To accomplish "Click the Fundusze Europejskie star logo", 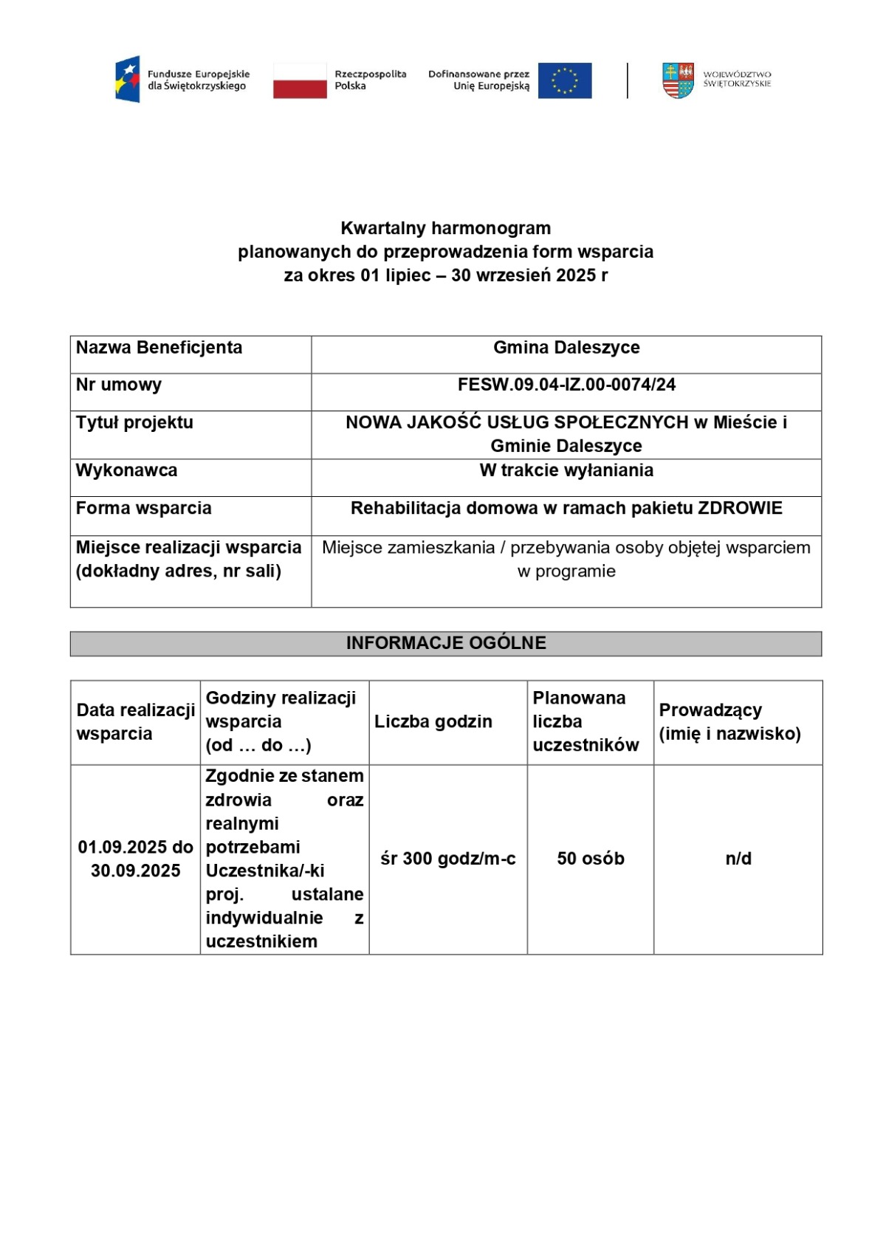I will tap(127, 79).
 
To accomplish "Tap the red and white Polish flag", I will tap(300, 80).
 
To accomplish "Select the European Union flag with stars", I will tap(565, 80).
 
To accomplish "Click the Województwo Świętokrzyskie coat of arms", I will tap(678, 80).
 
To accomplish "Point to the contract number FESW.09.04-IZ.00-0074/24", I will tap(566, 385).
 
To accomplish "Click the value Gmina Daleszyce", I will tap(566, 348).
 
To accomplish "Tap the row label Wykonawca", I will tap(126, 470).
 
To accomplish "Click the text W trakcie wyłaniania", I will tap(566, 470).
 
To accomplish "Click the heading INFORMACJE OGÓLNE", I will tap(446, 643).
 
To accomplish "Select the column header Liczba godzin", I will tap(433, 721).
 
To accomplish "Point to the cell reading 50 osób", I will tap(591, 859).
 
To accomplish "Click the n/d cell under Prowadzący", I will tap(738, 859).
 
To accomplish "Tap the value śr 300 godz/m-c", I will tap(448, 859).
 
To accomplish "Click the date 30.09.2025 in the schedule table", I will tap(136, 871).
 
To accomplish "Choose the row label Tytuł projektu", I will tap(134, 422).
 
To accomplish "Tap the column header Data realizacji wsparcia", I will tap(136, 721).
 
